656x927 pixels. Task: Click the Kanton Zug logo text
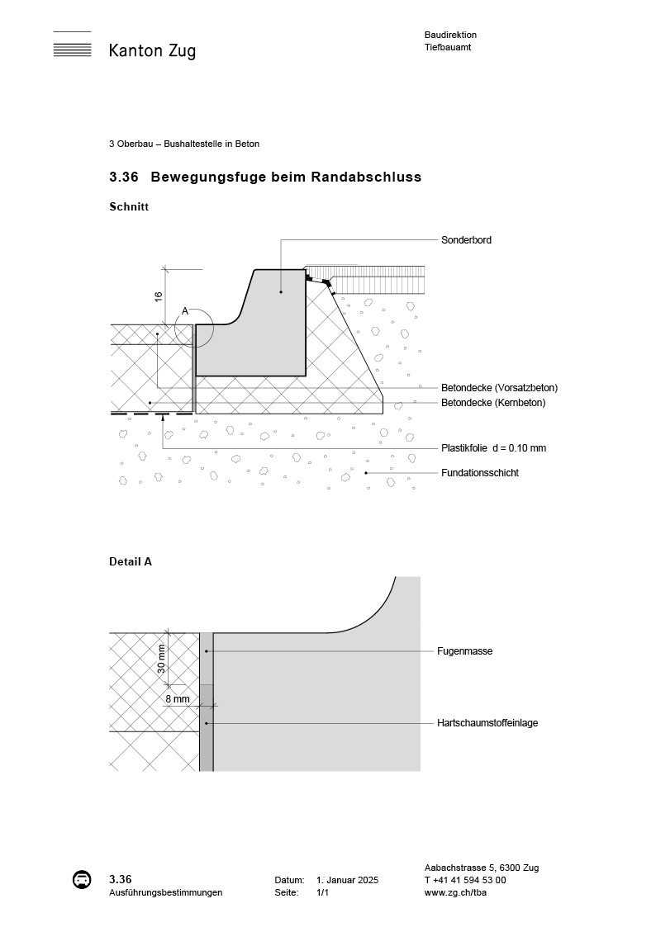click(152, 51)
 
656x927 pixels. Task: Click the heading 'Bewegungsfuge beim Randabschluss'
click(286, 177)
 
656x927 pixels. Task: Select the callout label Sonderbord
click(467, 240)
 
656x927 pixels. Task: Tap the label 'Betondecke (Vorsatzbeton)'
click(499, 388)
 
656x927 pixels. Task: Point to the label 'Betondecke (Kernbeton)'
click(493, 403)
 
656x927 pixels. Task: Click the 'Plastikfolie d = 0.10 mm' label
click(493, 448)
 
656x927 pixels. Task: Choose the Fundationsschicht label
click(480, 473)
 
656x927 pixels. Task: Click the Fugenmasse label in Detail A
click(464, 651)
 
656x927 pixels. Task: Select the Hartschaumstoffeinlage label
click(487, 723)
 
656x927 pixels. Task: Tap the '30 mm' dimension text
click(162, 659)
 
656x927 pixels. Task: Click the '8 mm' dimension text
click(177, 698)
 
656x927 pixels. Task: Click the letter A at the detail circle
click(185, 311)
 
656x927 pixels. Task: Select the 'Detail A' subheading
click(131, 561)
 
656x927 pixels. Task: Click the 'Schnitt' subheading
click(129, 207)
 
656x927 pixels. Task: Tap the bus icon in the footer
click(82, 880)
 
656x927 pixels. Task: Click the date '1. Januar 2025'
click(347, 881)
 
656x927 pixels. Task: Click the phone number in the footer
click(465, 880)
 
